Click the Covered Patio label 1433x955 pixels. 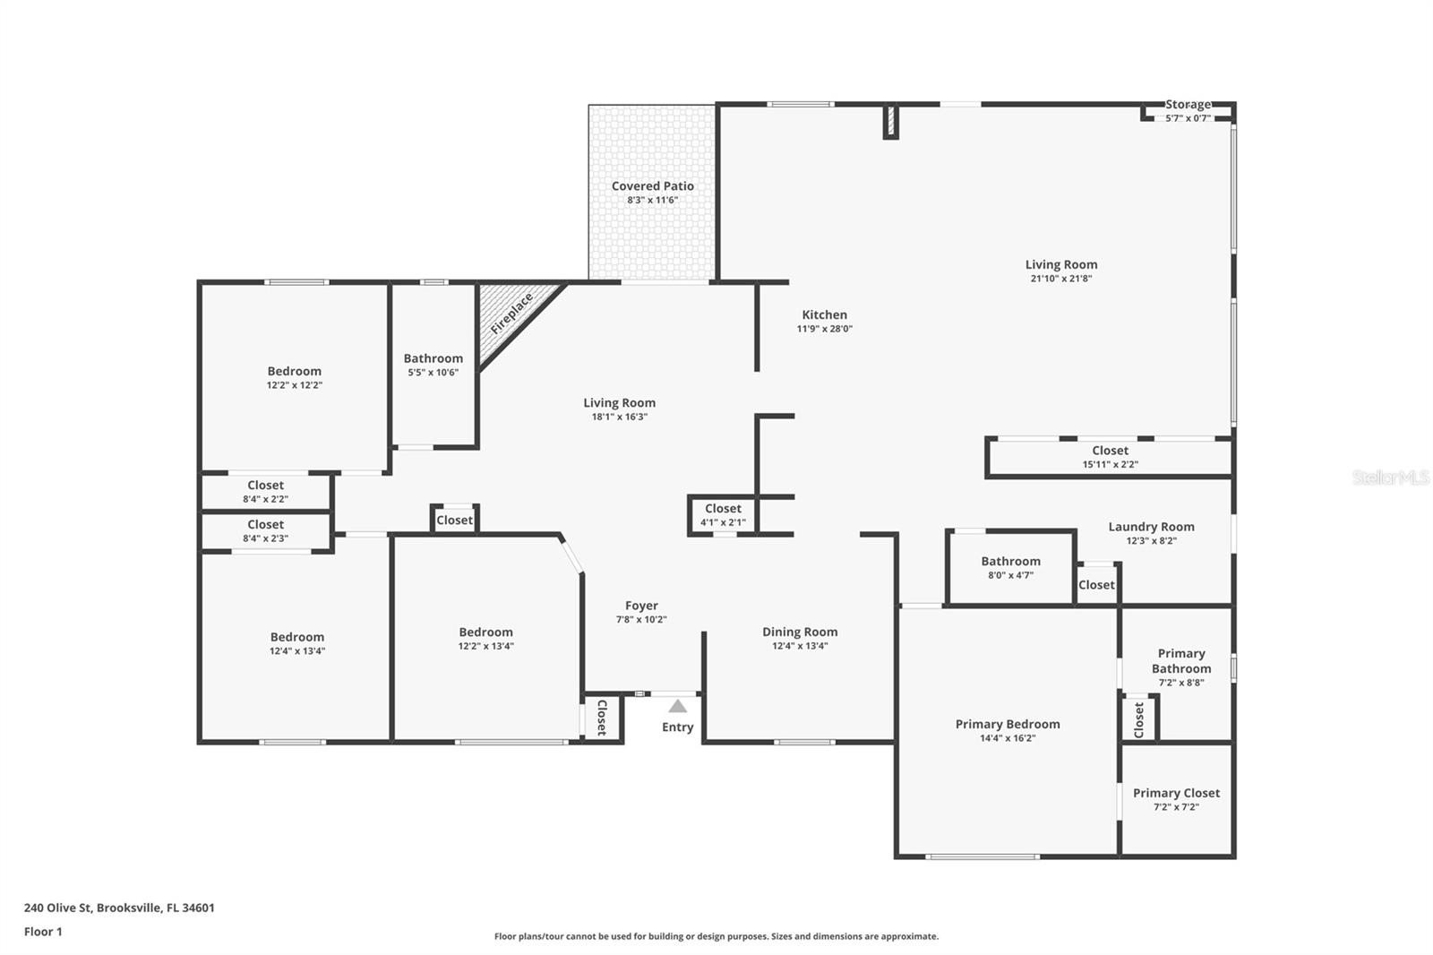[652, 186]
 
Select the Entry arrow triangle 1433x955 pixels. [678, 706]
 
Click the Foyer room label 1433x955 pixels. [641, 607]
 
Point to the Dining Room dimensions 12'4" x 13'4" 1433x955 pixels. [800, 646]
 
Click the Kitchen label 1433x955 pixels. [824, 314]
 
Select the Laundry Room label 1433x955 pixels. [1151, 527]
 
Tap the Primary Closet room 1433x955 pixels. [1176, 798]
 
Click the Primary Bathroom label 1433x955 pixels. [1180, 661]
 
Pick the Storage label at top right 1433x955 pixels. [1188, 105]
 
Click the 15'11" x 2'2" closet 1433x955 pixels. [1110, 457]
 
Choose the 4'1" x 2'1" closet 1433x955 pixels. [723, 515]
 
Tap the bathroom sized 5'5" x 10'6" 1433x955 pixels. [433, 365]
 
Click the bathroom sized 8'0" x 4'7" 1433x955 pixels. [1010, 568]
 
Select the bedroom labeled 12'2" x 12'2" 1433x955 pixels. [294, 377]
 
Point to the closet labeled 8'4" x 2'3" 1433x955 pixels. [265, 531]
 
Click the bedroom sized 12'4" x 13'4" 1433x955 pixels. [296, 643]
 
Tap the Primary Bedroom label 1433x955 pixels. [1007, 724]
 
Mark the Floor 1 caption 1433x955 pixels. [43, 932]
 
